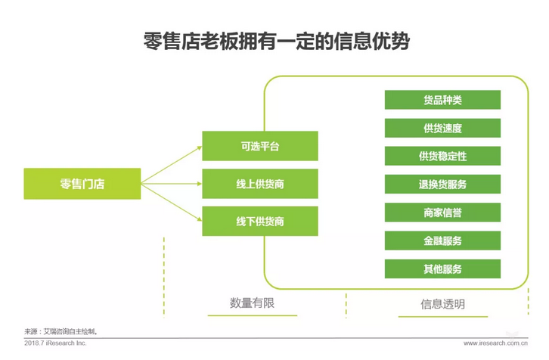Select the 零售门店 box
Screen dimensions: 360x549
coord(82,184)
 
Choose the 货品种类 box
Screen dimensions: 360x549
coord(442,100)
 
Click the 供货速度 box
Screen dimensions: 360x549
coord(442,128)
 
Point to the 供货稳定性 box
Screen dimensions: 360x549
coord(442,157)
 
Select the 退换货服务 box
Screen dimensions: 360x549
coord(442,185)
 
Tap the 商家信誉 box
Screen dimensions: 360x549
coord(442,213)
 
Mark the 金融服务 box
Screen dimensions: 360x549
coord(442,241)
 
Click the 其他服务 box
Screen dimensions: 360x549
coord(442,268)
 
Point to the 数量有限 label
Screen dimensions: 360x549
coord(252,303)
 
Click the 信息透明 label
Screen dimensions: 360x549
coord(442,305)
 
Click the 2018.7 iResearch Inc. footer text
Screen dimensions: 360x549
coord(55,343)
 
